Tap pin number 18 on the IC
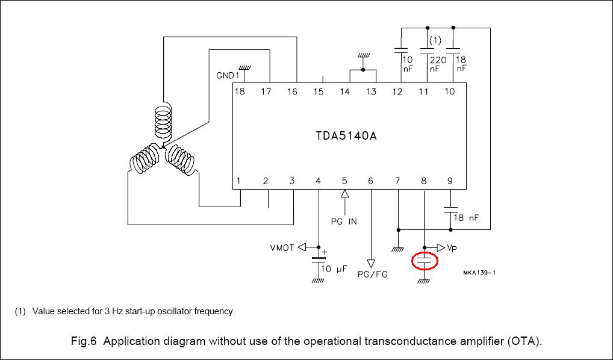[x=240, y=92]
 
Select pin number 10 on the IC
[x=450, y=92]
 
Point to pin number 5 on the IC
[x=344, y=181]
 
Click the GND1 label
[x=228, y=76]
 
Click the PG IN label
[x=344, y=221]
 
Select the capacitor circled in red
[x=424, y=261]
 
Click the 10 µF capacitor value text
[x=334, y=269]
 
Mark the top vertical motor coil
[x=162, y=122]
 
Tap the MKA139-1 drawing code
[x=479, y=272]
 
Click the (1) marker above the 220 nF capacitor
[x=435, y=41]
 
